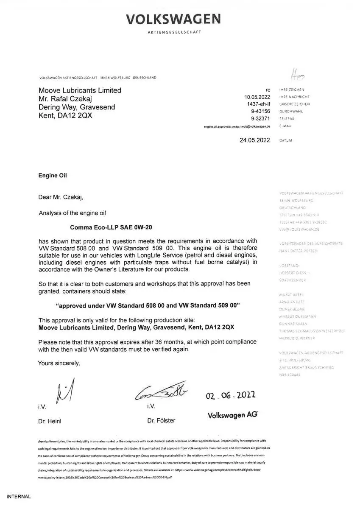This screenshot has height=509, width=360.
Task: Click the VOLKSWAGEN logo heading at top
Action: point(173,19)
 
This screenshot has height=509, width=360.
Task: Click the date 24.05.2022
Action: point(255,140)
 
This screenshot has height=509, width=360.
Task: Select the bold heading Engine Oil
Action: point(53,175)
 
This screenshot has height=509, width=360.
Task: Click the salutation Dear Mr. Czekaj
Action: point(61,197)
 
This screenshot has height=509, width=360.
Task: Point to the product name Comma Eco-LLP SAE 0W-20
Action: point(111,227)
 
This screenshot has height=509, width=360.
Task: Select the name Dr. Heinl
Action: point(50,421)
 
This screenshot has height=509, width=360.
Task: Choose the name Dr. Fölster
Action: point(161,421)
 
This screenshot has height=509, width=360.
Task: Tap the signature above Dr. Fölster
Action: point(161,393)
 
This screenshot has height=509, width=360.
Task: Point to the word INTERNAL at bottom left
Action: point(19,496)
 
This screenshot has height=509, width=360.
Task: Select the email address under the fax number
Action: point(237,126)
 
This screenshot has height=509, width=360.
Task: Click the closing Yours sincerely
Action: point(59,363)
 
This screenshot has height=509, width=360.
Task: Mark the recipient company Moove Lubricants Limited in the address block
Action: point(80,90)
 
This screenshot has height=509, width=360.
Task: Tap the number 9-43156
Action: point(261,111)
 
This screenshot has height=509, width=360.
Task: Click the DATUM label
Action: point(286,140)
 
